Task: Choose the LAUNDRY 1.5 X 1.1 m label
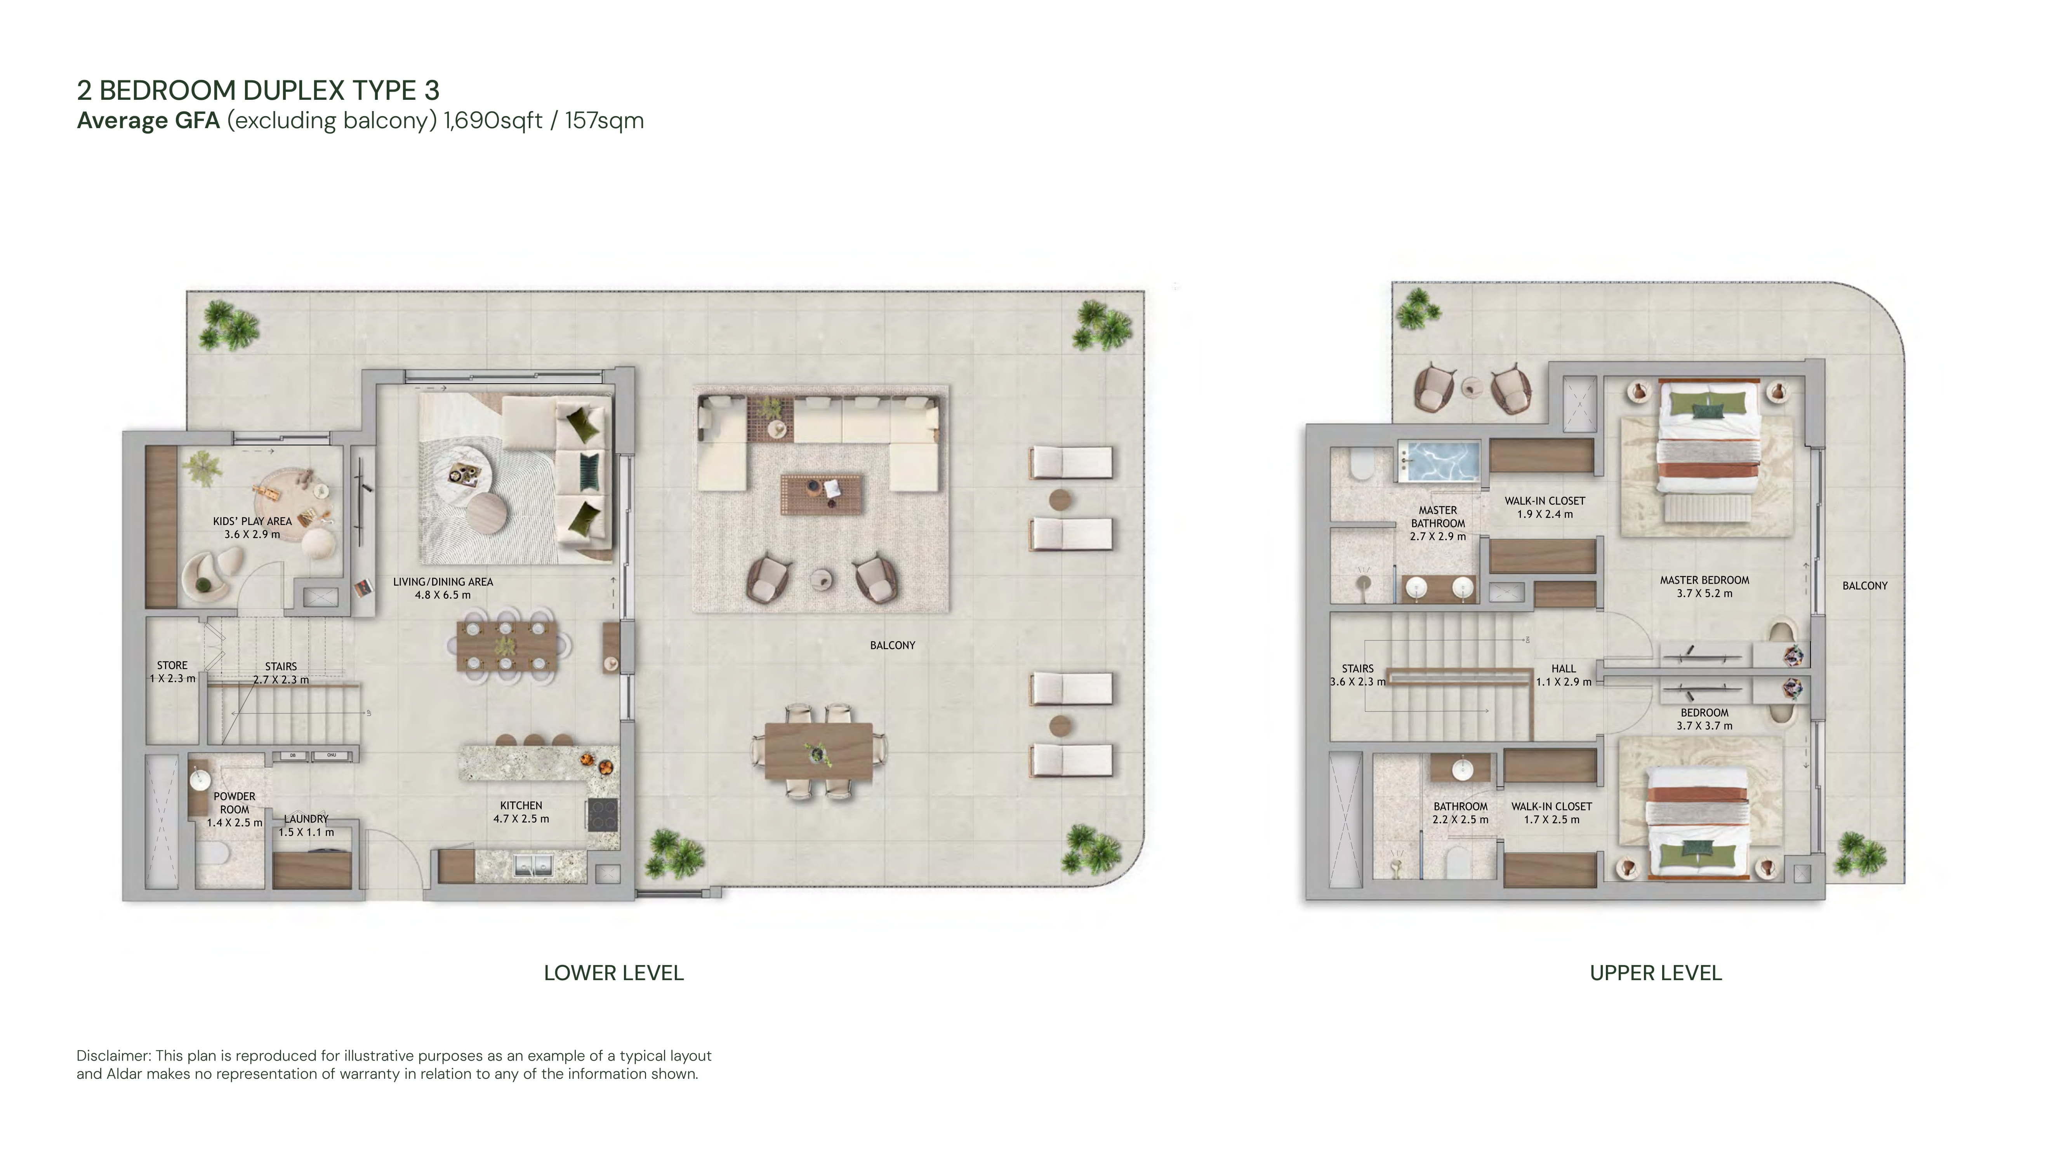[306, 825]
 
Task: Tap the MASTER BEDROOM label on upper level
[1704, 586]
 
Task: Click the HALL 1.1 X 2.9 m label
[1564, 675]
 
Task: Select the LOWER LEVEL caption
[613, 973]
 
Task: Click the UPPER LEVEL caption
[1655, 973]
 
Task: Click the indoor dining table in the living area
[507, 646]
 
